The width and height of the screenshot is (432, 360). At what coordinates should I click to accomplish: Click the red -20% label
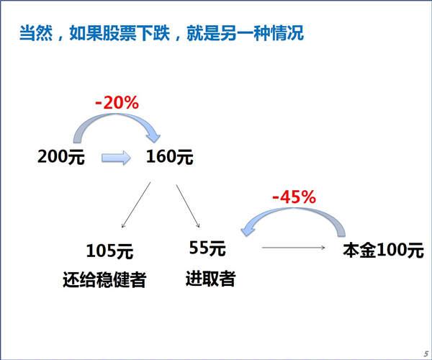click(x=117, y=103)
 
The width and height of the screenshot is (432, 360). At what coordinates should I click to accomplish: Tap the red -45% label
click(x=294, y=197)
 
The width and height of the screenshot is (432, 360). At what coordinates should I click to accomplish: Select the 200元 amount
click(x=61, y=157)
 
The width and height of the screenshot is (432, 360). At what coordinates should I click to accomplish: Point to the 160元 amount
click(x=170, y=157)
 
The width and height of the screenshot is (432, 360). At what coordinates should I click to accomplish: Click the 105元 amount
click(x=109, y=251)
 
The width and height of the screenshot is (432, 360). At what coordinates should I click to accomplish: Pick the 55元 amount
click(x=207, y=248)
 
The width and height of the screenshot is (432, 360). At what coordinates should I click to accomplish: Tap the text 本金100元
click(x=383, y=251)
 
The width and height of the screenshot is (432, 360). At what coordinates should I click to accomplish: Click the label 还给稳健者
click(x=104, y=279)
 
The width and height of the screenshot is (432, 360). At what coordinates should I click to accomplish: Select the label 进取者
click(x=210, y=279)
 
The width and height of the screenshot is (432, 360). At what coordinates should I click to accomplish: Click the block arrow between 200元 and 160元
click(x=116, y=158)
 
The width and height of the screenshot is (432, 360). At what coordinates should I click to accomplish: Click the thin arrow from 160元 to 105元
click(x=136, y=205)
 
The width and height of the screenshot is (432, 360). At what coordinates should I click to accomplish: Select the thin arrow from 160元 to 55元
click(x=188, y=207)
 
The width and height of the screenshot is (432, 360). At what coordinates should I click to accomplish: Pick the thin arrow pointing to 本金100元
click(x=294, y=248)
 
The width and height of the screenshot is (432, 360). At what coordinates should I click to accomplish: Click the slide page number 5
click(x=426, y=354)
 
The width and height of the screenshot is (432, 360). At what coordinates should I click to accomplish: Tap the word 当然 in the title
click(x=36, y=33)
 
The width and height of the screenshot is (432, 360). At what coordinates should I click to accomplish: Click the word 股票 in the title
click(x=119, y=33)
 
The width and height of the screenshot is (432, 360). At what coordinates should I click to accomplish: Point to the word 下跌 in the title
click(x=153, y=33)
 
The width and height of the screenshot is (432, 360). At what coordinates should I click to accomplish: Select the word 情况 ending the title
click(x=287, y=33)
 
